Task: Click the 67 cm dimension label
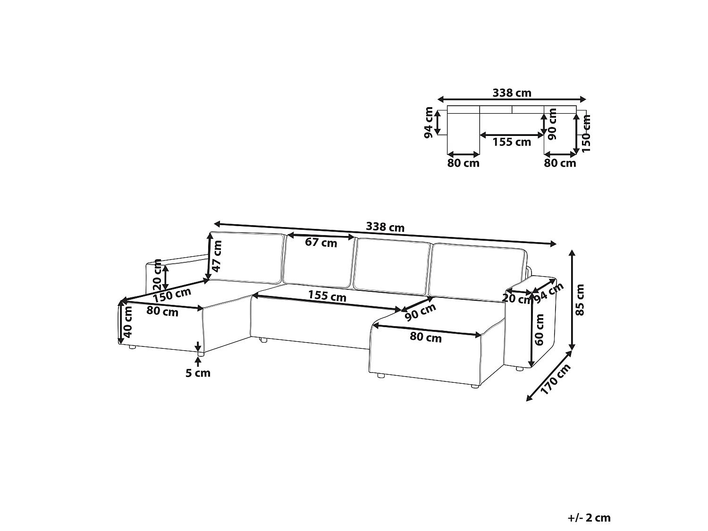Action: point(321,243)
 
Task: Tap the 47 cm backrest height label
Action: point(217,256)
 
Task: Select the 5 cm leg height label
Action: point(198,373)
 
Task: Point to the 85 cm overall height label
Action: point(580,300)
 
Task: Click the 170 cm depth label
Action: point(555,379)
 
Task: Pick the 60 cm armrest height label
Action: point(539,329)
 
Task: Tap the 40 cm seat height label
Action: point(128,322)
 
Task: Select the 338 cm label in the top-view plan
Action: point(512,93)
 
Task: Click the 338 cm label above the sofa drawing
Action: point(385,227)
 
